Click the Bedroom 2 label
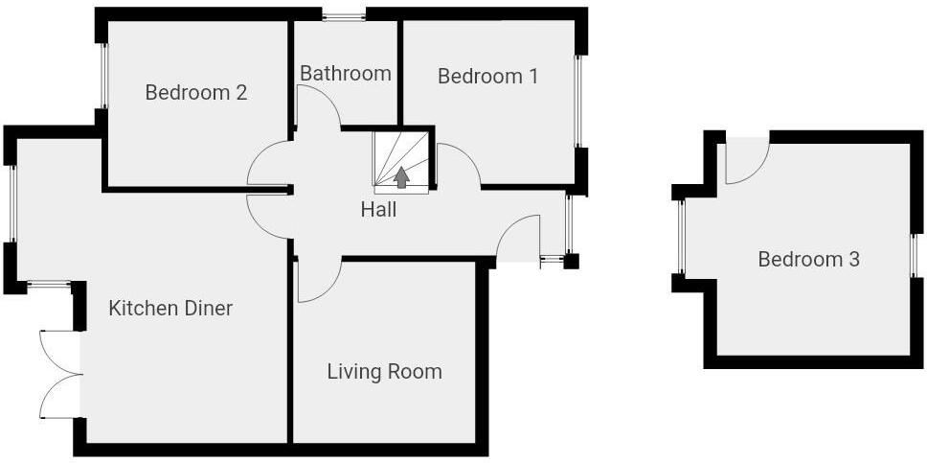click(196, 93)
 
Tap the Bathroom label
click(346, 74)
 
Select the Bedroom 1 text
click(487, 76)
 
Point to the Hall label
click(378, 209)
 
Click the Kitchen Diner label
click(170, 309)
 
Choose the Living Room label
click(385, 372)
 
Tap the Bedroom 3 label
click(808, 259)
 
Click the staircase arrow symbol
click(401, 176)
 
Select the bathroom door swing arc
click(319, 105)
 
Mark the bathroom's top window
click(344, 14)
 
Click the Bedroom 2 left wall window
click(103, 76)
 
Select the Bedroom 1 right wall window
click(578, 101)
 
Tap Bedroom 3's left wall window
click(681, 237)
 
